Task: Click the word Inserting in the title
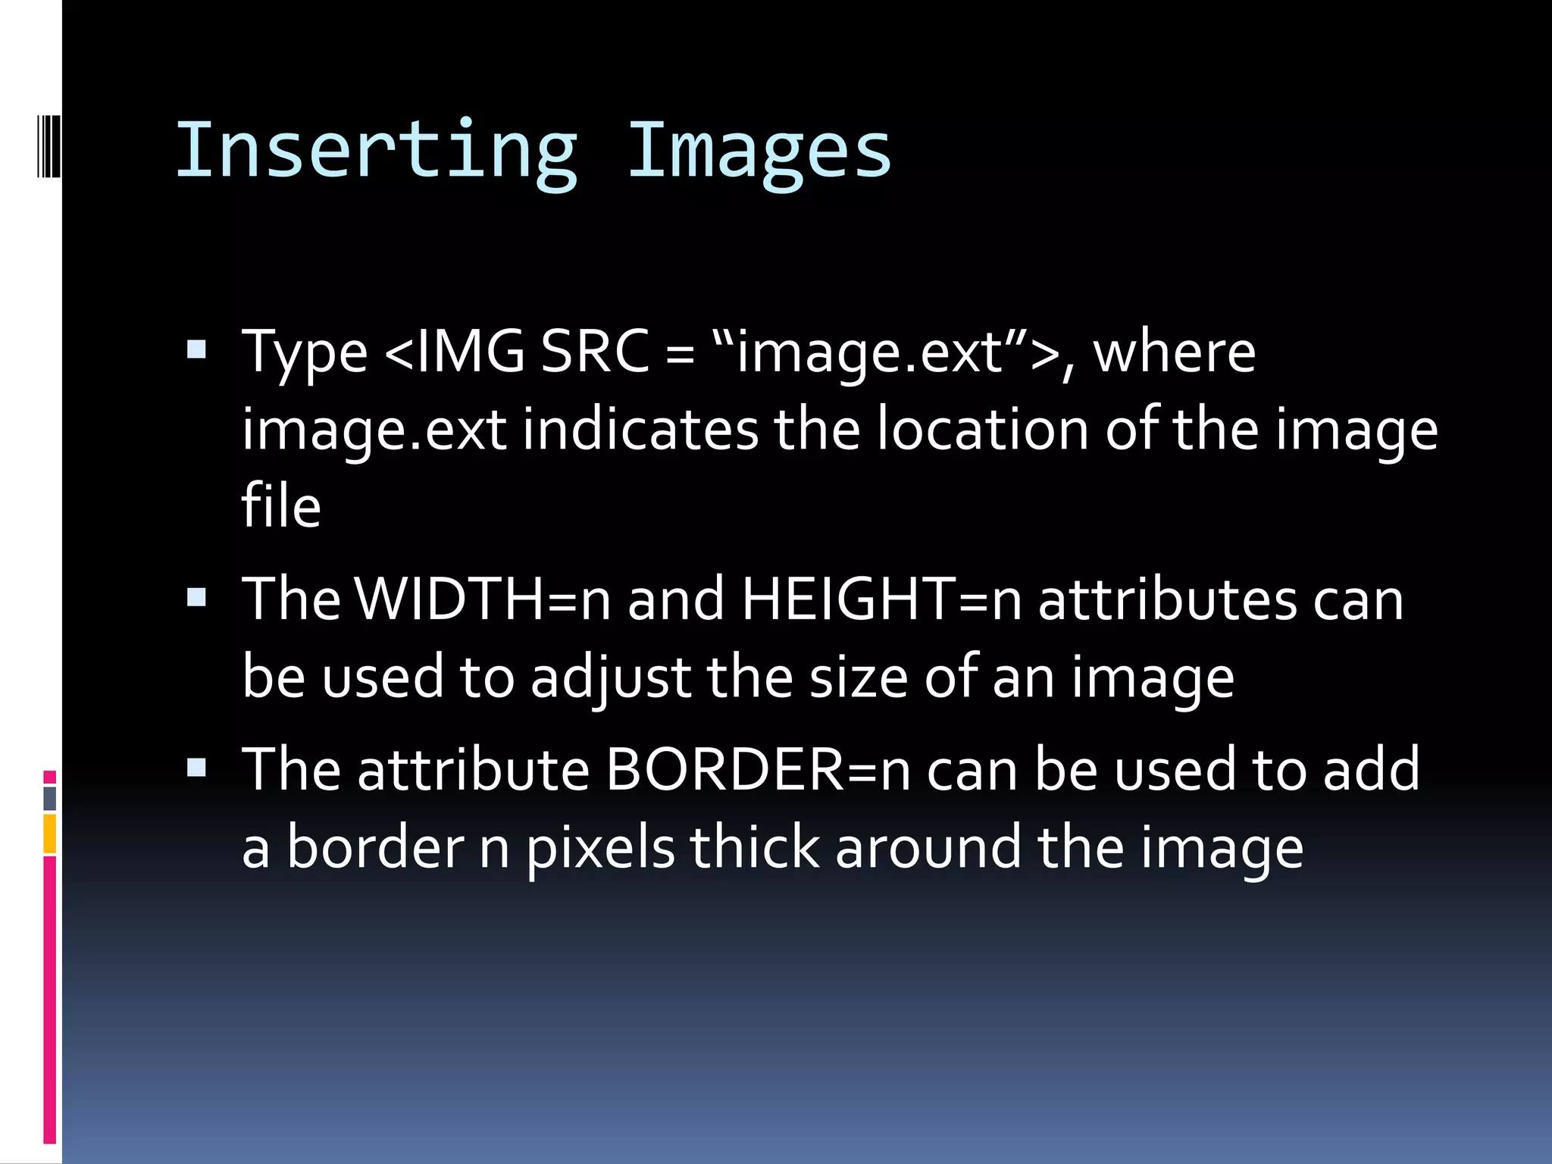[377, 152]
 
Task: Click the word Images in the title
[759, 152]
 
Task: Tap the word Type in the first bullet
[305, 353]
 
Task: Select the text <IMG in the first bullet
[455, 352]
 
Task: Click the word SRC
[595, 352]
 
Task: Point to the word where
[1174, 352]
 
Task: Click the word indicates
[640, 430]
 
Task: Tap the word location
[982, 430]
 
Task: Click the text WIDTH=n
[482, 599]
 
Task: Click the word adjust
[611, 677]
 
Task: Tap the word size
[858, 677]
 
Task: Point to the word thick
[754, 847]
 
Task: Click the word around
[928, 847]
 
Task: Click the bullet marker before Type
[196, 349]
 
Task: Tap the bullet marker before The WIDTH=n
[196, 598]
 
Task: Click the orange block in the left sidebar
[50, 834]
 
